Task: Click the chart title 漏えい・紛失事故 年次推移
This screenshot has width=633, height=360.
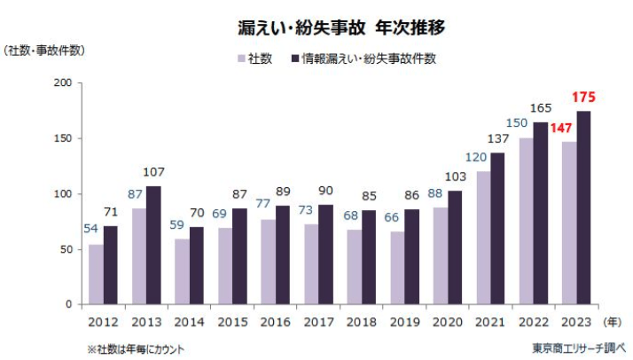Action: point(341,27)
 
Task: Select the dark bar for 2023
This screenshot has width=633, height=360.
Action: point(583,207)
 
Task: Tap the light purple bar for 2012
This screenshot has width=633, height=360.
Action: point(95,274)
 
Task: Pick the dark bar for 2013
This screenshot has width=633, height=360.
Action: point(154,245)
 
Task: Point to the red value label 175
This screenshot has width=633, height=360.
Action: point(582,96)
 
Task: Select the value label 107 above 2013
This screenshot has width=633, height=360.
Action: point(154,172)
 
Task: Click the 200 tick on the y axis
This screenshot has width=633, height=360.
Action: point(63,82)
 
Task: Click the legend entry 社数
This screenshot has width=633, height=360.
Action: point(262,59)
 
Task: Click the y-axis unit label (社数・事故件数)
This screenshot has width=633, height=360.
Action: point(45,50)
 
